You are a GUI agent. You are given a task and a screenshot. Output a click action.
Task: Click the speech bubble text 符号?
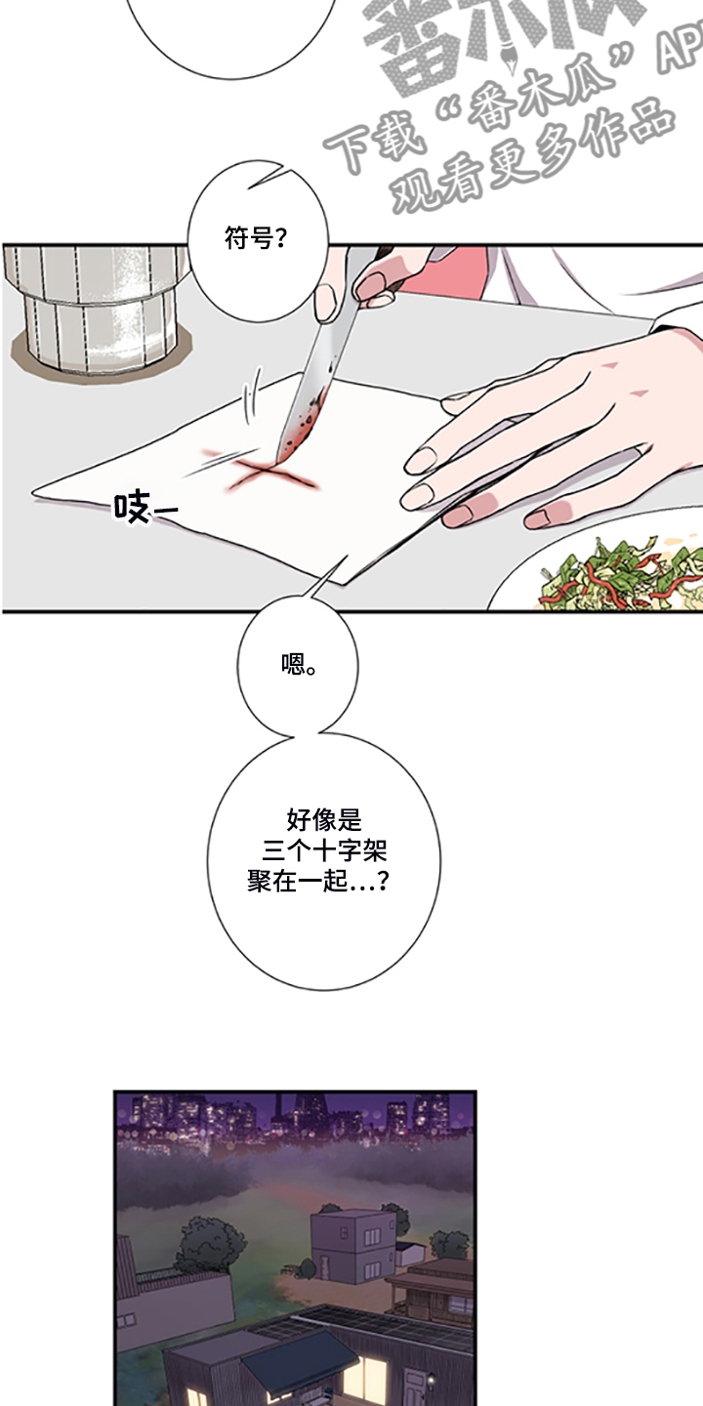click(256, 238)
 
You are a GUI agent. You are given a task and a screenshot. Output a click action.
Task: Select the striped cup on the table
click(98, 303)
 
